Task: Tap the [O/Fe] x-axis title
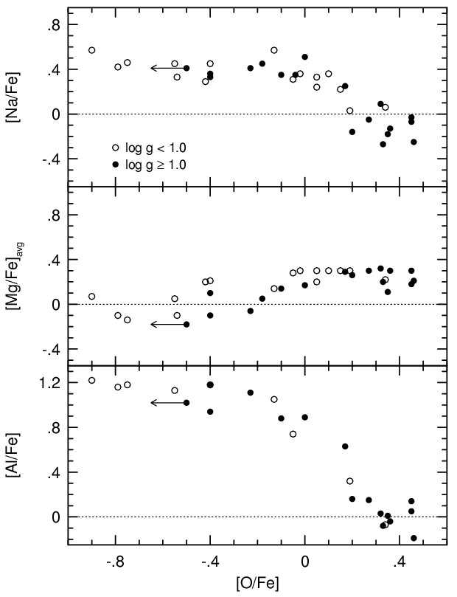pos(258,583)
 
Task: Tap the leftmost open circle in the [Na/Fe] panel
pos(92,50)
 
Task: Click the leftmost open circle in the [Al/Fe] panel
pos(92,381)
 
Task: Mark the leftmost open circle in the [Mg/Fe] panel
pos(92,297)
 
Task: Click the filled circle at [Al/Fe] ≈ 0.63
pos(345,446)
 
